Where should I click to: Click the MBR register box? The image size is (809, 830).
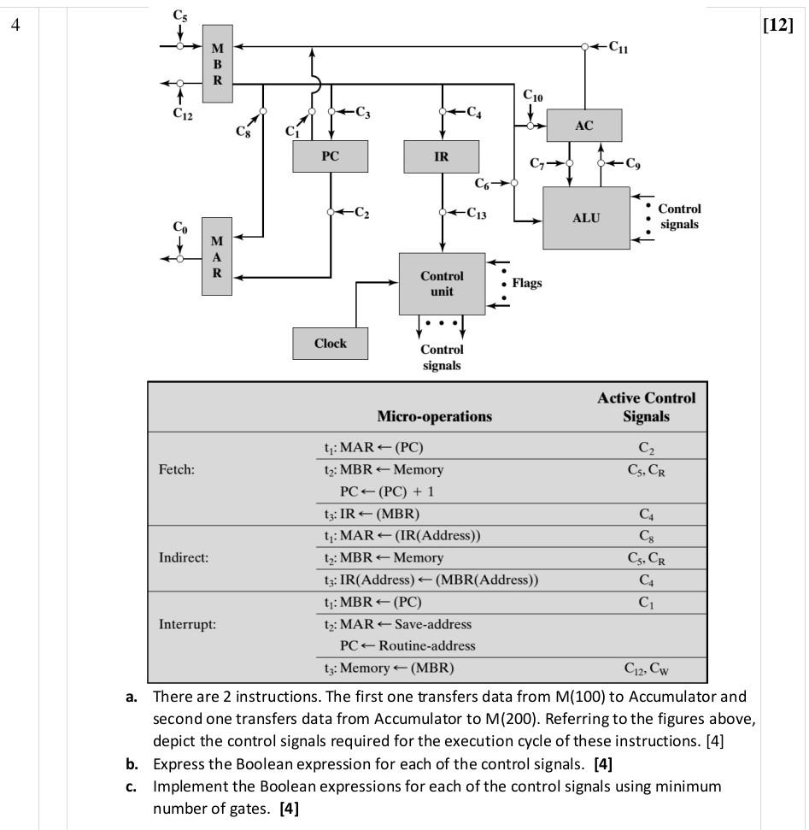click(x=217, y=64)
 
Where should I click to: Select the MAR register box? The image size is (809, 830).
click(x=217, y=256)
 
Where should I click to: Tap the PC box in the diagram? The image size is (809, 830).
click(x=330, y=156)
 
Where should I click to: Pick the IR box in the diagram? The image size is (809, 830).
click(x=441, y=156)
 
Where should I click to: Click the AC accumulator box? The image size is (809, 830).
click(x=583, y=125)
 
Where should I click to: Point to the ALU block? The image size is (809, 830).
click(x=586, y=218)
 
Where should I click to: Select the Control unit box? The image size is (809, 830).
click(x=442, y=284)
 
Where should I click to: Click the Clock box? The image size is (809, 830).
click(x=330, y=344)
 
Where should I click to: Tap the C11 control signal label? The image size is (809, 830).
click(x=618, y=48)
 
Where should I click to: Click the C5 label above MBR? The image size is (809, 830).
click(x=179, y=15)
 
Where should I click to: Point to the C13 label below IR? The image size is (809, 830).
click(x=476, y=214)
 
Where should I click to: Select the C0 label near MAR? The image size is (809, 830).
click(x=179, y=227)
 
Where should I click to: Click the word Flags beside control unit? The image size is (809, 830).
click(x=526, y=283)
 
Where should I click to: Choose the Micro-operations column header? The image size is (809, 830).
click(x=434, y=416)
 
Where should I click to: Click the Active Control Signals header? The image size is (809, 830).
click(x=646, y=407)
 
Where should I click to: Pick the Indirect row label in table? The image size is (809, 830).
click(x=184, y=557)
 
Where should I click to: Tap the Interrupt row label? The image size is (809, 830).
click(x=187, y=624)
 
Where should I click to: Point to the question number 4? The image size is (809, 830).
click(x=15, y=25)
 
